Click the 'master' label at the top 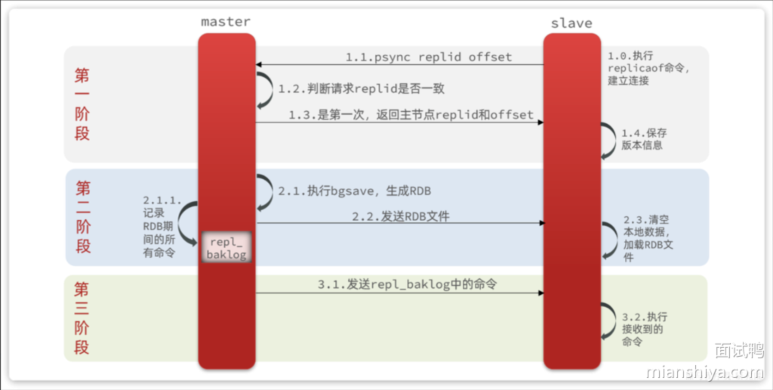(225, 21)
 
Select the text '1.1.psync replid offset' (428, 57)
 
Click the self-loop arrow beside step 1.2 (265, 90)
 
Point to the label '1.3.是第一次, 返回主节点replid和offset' (411, 115)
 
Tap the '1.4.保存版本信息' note (643, 138)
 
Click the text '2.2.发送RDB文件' (400, 216)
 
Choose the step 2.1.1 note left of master (162, 227)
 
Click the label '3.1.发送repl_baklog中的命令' (407, 284)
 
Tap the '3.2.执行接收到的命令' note (644, 329)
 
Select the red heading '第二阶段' (83, 217)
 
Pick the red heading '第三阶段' (82, 318)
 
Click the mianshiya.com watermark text (705, 372)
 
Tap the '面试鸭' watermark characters (738, 351)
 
